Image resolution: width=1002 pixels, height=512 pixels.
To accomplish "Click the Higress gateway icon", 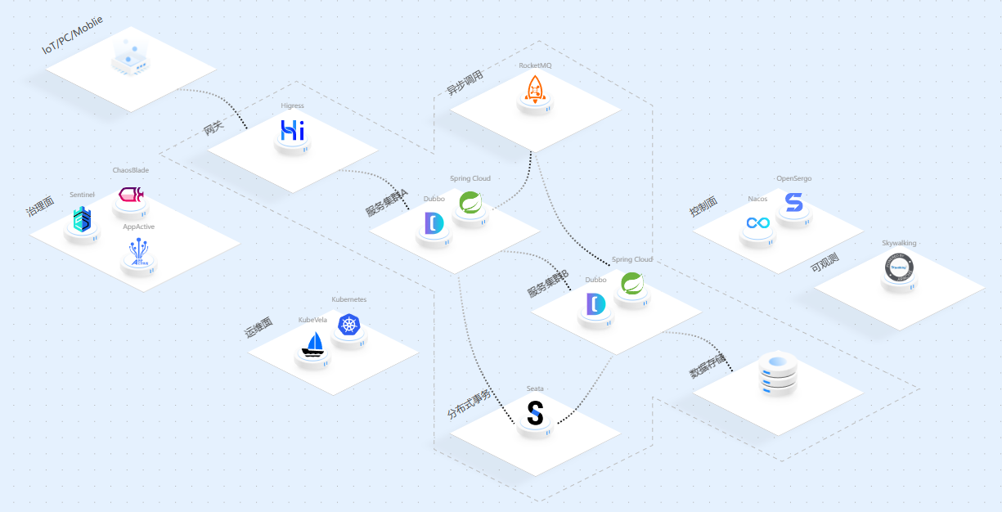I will tap(292, 131).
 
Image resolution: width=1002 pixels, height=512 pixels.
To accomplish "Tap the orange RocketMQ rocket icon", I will tap(534, 89).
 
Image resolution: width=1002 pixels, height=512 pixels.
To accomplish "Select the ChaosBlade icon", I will tap(131, 195).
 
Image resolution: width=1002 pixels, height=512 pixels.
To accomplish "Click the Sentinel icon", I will tap(82, 218).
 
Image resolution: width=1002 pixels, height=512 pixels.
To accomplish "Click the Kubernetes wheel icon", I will tap(349, 325).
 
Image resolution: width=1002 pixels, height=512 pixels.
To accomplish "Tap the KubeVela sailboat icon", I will tap(312, 344).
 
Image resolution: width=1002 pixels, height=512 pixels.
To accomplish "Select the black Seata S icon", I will tap(535, 413).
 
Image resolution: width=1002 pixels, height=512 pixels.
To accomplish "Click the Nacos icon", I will tap(757, 222).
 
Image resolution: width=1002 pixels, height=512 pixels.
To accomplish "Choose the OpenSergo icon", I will tap(793, 201).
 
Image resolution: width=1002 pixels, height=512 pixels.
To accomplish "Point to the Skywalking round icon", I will tap(899, 266).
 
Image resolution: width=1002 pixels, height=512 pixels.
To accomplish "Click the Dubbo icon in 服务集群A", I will tap(434, 222).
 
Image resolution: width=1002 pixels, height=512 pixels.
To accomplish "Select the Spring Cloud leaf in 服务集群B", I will tap(632, 283).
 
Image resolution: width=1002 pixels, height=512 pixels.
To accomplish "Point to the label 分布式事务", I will tap(470, 404).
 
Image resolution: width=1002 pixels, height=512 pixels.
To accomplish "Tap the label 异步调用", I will tap(465, 83).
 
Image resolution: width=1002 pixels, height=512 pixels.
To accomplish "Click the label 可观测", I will tap(824, 263).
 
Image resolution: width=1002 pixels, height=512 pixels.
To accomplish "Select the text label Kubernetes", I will tap(349, 299).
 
